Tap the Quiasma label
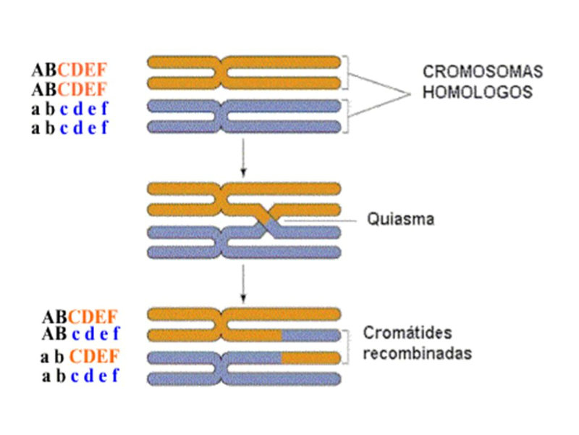(x=400, y=218)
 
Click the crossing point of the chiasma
(x=267, y=219)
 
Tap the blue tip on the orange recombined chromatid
(x=310, y=335)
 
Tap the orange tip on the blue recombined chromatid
(x=310, y=357)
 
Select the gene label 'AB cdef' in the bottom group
(x=80, y=334)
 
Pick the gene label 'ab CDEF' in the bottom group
(x=80, y=357)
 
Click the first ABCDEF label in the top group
(x=69, y=70)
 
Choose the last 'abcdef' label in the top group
(x=69, y=128)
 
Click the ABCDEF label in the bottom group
(x=80, y=317)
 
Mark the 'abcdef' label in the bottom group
(x=80, y=376)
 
